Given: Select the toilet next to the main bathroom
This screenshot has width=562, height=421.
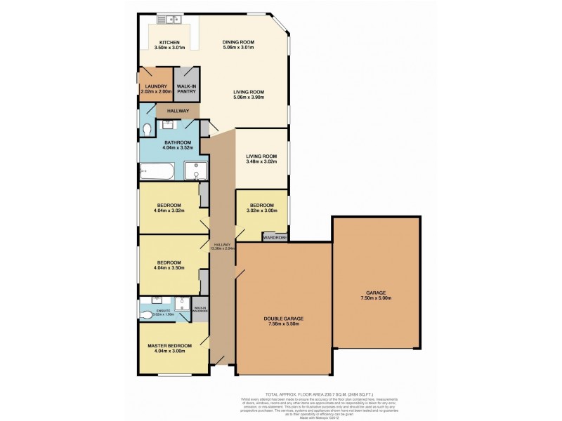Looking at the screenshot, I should pos(145,130).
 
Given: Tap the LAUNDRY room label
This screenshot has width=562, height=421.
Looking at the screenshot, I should pos(155,86).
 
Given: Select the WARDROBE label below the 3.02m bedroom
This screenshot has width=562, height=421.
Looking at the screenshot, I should pos(274,238).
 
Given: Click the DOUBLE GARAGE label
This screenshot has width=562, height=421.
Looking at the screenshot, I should pos(283,318).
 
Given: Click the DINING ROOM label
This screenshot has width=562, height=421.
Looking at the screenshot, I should pos(238,42).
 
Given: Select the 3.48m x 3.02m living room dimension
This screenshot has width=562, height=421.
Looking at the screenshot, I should pos(261,161).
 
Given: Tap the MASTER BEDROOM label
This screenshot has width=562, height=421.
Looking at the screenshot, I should pos(171,346).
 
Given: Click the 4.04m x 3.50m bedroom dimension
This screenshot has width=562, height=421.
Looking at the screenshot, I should pos(171,267).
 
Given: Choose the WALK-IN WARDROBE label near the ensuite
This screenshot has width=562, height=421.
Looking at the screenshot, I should pos(200,309).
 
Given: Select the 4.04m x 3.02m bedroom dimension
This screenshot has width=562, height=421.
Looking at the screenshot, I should pos(171,208).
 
